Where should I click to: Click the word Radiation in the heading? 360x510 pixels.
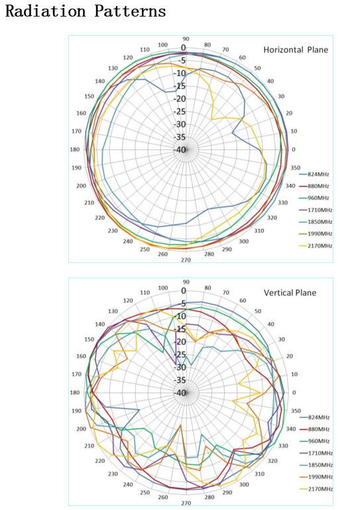(45, 11)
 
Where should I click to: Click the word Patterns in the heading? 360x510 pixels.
(130, 11)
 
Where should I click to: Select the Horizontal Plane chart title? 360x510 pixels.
(296, 50)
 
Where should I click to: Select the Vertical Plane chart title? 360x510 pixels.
(290, 293)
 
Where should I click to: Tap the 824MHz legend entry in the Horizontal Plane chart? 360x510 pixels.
(314, 174)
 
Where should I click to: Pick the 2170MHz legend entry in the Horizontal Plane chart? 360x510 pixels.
(316, 246)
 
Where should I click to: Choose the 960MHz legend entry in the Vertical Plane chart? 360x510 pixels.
(314, 441)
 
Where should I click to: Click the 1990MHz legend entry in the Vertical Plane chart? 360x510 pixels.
(316, 477)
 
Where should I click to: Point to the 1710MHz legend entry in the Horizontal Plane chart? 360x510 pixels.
(316, 210)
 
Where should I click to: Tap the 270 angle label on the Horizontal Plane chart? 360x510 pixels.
(186, 260)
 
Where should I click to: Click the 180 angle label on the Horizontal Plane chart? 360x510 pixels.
(74, 150)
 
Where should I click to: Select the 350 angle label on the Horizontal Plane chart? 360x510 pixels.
(296, 168)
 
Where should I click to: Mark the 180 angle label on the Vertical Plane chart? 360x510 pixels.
(74, 393)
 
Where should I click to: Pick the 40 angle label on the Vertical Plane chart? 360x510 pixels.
(270, 325)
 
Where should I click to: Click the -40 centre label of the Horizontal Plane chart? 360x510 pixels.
(180, 150)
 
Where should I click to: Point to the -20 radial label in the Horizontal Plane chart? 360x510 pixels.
(180, 99)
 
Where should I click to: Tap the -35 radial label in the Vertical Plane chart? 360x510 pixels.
(180, 380)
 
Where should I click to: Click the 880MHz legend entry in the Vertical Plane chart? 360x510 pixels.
(314, 429)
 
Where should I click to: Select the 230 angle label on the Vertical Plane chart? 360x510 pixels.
(113, 474)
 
